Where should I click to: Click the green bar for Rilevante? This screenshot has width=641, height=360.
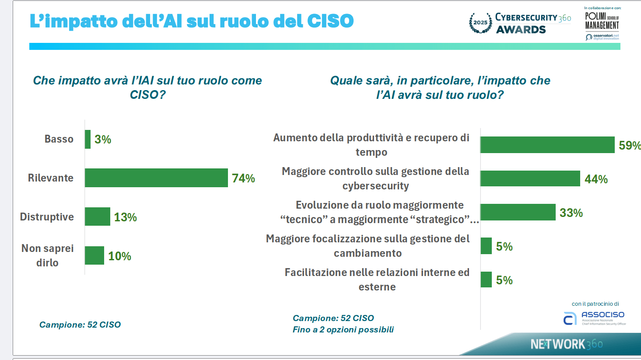pos(156,178)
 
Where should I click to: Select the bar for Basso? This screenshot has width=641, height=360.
pos(88,139)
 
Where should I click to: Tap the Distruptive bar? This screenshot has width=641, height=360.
pos(98,217)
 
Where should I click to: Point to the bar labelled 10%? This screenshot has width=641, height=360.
pos(95,255)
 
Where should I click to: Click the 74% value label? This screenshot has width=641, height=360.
pos(243,178)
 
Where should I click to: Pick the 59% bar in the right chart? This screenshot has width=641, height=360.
pos(547,145)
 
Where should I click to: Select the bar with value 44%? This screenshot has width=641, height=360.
pos(530,178)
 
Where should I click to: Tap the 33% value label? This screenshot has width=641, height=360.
pos(571,213)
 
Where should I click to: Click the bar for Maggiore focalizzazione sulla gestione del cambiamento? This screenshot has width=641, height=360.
pos(486,246)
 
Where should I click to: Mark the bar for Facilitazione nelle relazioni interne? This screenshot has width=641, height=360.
pos(486,280)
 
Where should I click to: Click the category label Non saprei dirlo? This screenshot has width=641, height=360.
pos(47,255)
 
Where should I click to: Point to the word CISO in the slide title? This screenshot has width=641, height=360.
pos(330,21)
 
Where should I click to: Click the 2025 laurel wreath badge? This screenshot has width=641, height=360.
pos(480,22)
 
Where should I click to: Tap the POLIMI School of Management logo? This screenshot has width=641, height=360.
pos(602,21)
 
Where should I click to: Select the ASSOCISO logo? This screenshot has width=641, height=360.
pos(594,318)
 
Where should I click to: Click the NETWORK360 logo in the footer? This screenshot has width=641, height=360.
pos(566,344)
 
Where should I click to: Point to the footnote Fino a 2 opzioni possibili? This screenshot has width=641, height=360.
pos(343,329)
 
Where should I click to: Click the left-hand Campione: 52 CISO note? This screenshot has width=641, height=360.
pos(80,325)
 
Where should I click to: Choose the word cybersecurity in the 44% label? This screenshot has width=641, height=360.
pos(375,186)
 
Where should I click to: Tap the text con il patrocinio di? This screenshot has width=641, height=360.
pos(595,304)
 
